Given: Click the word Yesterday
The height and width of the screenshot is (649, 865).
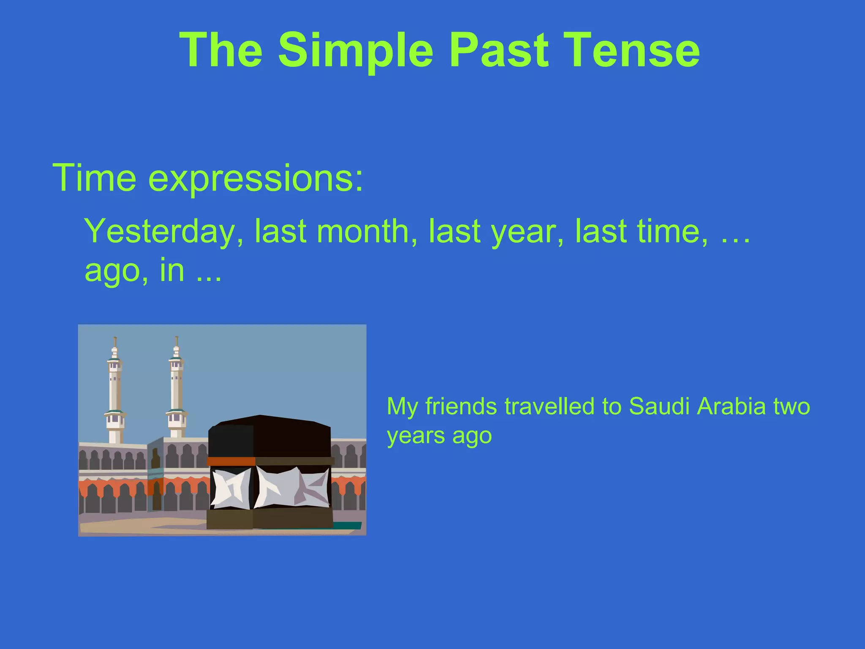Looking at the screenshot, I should pos(164,232).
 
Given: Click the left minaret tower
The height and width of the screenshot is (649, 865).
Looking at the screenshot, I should pos(115,393).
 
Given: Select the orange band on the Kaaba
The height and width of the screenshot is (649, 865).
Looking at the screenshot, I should pos(231,461).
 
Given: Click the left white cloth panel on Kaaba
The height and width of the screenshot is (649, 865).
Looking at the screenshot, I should pos(230,489).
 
